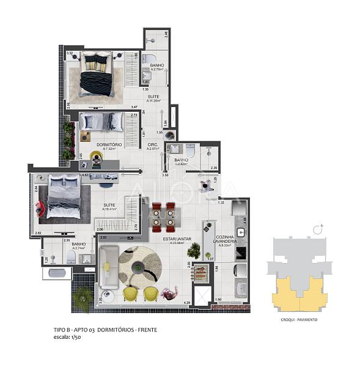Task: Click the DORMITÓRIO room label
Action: click(109, 144)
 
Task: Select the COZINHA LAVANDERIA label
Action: click(224, 240)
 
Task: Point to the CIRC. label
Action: click(153, 144)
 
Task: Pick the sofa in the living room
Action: click(109, 267)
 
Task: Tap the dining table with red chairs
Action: click(163, 213)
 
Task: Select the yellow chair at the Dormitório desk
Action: click(97, 158)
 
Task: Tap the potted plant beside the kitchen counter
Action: click(194, 250)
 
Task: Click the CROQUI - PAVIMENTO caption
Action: click(298, 319)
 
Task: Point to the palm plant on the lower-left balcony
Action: click(82, 297)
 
